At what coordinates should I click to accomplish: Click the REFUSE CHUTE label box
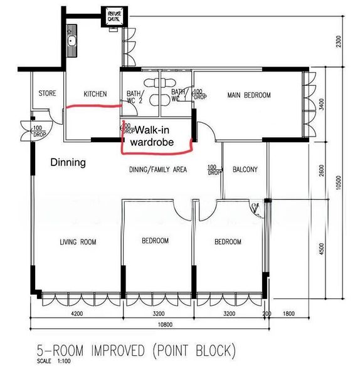tap(114, 16)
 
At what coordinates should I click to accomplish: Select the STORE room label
tap(48, 94)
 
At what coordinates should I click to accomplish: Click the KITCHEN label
tap(95, 94)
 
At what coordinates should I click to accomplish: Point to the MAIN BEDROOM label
tap(249, 95)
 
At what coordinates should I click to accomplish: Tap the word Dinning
tap(68, 162)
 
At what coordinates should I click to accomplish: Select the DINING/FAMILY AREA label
tap(158, 169)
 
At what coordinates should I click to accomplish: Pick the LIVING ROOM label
tap(77, 241)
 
